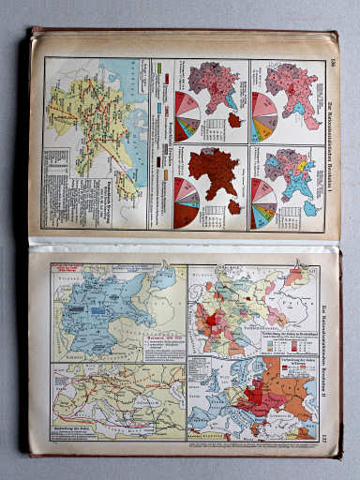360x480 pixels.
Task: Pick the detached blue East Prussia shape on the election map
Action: (310, 209)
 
